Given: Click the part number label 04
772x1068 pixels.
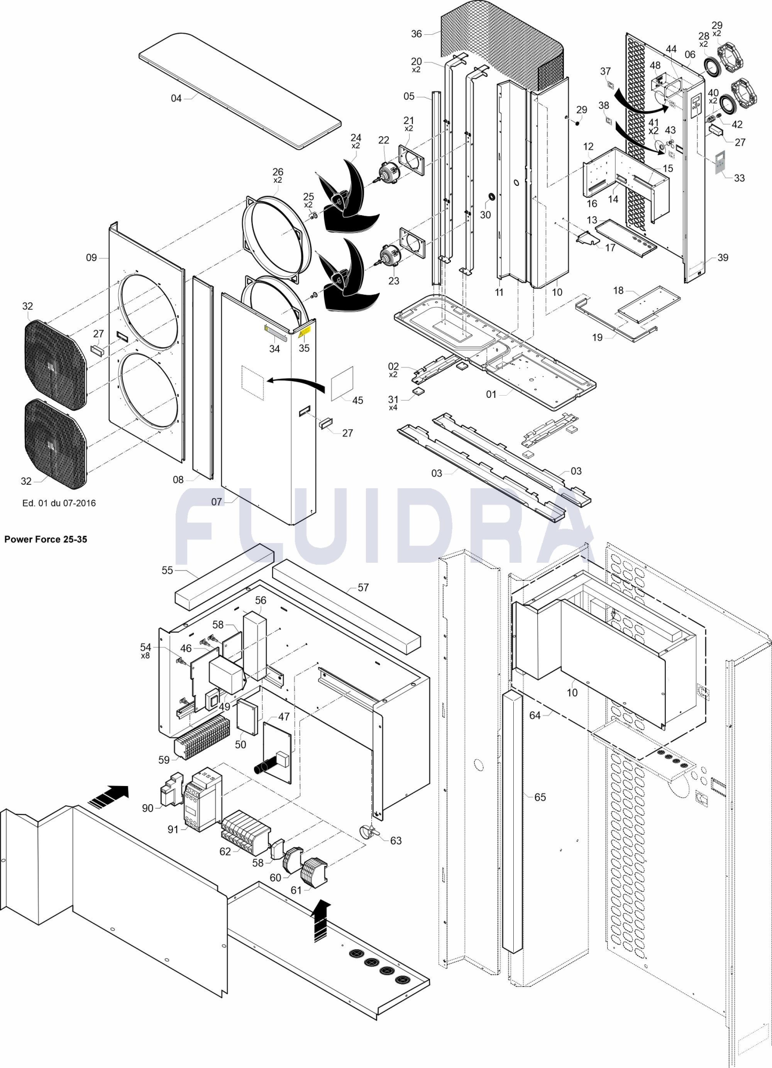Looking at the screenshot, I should (x=176, y=98).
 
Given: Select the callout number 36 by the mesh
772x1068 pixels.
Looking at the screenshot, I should (x=416, y=34).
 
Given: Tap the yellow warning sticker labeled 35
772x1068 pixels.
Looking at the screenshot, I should (x=304, y=334).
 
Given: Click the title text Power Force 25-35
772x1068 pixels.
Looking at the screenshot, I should (x=46, y=539).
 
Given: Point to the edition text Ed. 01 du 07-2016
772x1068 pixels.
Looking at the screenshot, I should (x=59, y=503).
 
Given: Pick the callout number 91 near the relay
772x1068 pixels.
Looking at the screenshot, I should (x=173, y=829).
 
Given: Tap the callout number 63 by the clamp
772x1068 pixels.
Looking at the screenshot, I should (x=396, y=841).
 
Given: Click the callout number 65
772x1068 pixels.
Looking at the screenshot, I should (x=540, y=797).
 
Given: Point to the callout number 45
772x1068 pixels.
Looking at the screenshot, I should (x=357, y=400).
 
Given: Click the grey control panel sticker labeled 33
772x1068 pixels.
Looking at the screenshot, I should (x=720, y=161).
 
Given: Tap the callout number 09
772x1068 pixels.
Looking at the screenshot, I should (x=91, y=257).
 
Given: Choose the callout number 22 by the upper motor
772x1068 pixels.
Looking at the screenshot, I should (x=384, y=140).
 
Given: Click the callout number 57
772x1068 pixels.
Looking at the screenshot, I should (x=363, y=587).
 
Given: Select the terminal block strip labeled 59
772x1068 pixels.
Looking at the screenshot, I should (x=203, y=737).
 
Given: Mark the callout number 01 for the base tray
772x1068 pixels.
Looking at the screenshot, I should (x=491, y=394).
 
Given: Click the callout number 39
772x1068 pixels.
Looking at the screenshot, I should (x=723, y=257).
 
